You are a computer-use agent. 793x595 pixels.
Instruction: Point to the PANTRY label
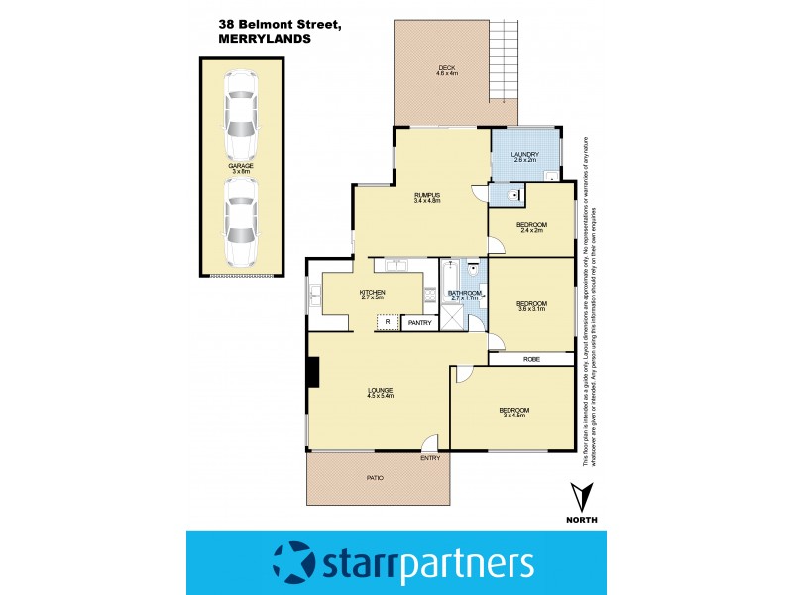coord(419,322)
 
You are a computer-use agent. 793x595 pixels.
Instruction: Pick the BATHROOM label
coord(464,293)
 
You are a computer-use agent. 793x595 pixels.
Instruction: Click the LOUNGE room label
coord(380,390)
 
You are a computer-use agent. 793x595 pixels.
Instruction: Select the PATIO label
coord(375,478)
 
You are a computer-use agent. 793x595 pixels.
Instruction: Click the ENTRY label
coord(430,457)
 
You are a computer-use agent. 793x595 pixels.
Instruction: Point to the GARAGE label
coord(241,166)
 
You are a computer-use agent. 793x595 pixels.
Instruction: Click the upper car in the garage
coord(241,120)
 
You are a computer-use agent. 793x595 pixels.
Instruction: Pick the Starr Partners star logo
coord(294,562)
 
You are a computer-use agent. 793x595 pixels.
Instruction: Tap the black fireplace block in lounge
coord(312,372)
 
